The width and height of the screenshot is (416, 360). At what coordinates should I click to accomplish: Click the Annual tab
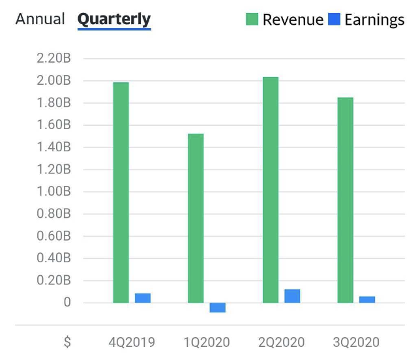40,19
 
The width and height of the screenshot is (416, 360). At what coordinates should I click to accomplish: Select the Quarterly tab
114,20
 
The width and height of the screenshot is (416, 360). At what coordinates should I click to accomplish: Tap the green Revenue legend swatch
252,20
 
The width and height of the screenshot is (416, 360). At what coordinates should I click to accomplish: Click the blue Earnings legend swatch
334,20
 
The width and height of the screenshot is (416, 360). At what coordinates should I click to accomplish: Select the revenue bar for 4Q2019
121,192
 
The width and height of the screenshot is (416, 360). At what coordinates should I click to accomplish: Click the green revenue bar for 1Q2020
196,218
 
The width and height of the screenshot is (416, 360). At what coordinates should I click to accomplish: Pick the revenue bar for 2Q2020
271,190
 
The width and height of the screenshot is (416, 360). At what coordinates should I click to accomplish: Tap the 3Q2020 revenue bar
346,200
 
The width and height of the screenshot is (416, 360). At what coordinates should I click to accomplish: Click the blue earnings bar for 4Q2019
143,298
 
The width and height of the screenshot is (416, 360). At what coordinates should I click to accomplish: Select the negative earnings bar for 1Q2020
218,308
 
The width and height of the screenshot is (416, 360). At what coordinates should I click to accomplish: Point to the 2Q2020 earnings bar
292,296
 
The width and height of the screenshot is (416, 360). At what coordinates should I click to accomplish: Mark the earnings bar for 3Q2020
367,299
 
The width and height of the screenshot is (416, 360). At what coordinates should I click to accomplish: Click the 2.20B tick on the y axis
54,59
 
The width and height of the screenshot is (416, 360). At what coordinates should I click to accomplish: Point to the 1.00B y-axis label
54,192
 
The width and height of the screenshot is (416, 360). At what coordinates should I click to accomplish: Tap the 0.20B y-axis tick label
54,280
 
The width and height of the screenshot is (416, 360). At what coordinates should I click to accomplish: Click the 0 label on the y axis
67,303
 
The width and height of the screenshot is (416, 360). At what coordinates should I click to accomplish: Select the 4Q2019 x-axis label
132,342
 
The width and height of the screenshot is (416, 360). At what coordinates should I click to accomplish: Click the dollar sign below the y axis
67,342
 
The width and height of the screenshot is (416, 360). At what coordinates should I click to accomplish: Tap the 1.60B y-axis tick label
54,125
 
